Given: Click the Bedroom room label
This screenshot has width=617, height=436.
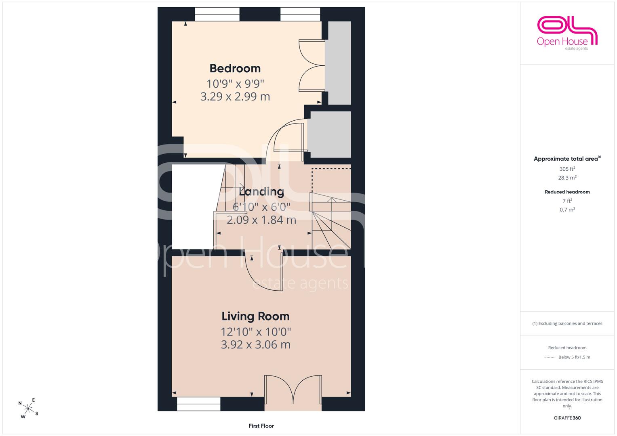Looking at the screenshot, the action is pyautogui.click(x=235, y=68).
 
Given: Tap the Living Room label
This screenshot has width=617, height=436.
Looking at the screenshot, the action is pyautogui.click(x=256, y=316).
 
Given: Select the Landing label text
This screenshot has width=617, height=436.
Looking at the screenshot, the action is pyautogui.click(x=261, y=192).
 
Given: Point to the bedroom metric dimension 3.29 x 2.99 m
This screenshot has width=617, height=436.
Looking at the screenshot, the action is pyautogui.click(x=235, y=96).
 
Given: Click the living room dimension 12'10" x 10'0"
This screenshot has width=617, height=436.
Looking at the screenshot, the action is pyautogui.click(x=256, y=332).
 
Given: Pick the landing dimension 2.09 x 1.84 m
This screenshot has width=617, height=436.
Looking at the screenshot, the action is pyautogui.click(x=261, y=220).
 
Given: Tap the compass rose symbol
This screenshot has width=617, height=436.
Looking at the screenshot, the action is pyautogui.click(x=28, y=409).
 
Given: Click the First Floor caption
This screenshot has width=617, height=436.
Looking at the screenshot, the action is pyautogui.click(x=261, y=426).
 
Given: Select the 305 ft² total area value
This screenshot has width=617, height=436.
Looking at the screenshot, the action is pyautogui.click(x=567, y=169).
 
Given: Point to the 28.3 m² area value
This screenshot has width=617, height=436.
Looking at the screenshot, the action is pyautogui.click(x=567, y=178).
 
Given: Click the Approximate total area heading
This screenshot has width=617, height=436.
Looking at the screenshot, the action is pyautogui.click(x=567, y=159).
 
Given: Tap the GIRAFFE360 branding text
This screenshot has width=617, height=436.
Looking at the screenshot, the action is pyautogui.click(x=567, y=418).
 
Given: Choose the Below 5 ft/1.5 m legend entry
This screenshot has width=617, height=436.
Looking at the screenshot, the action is pyautogui.click(x=567, y=357).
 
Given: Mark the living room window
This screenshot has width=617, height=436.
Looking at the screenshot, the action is pyautogui.click(x=199, y=404).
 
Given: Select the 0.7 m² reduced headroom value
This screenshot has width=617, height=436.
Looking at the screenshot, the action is pyautogui.click(x=567, y=210).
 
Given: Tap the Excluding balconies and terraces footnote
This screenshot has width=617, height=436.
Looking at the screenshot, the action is pyautogui.click(x=567, y=323).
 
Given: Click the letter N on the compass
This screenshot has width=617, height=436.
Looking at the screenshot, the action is pyautogui.click(x=20, y=403).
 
